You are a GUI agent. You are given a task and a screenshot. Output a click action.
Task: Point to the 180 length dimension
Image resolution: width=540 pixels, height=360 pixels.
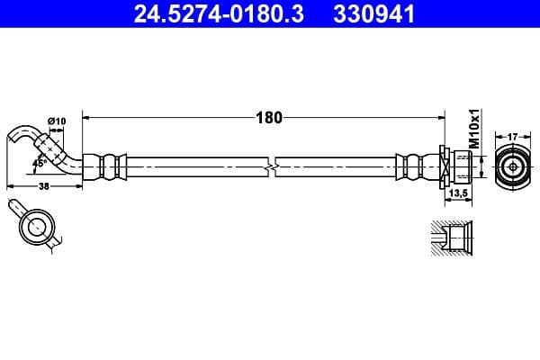269,117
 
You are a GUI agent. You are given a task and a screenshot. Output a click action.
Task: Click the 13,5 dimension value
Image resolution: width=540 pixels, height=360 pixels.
458,193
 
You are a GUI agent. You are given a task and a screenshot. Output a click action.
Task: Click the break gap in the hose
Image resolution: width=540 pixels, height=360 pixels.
272,167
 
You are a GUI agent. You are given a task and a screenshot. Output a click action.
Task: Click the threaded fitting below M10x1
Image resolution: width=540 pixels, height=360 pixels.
460,167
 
